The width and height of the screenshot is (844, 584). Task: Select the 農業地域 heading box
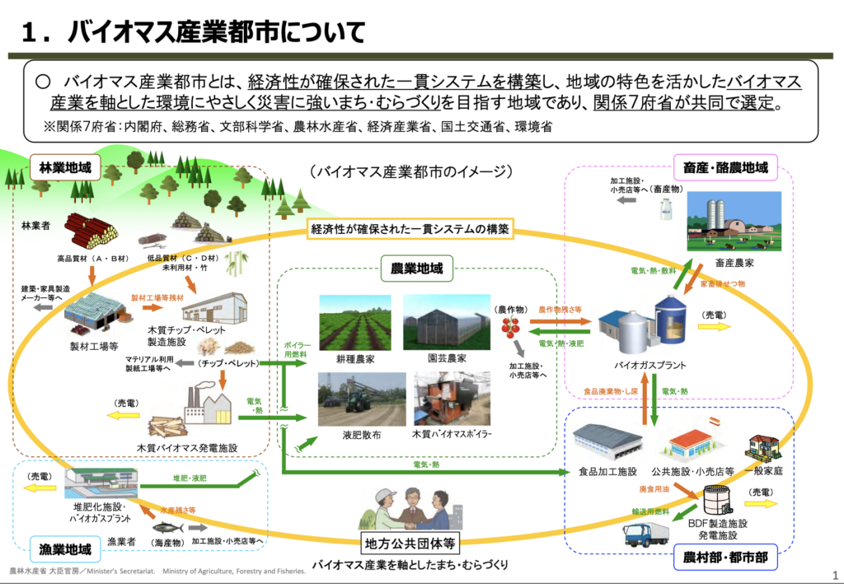[417, 268]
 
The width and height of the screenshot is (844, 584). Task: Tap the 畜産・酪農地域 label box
[725, 168]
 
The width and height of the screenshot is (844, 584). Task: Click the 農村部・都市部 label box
[726, 558]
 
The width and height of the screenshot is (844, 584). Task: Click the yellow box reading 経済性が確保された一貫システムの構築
[410, 228]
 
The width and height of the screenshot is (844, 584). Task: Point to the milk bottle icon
[666, 207]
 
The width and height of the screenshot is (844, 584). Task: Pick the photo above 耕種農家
[354, 322]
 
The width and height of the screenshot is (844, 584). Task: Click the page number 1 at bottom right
[836, 575]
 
